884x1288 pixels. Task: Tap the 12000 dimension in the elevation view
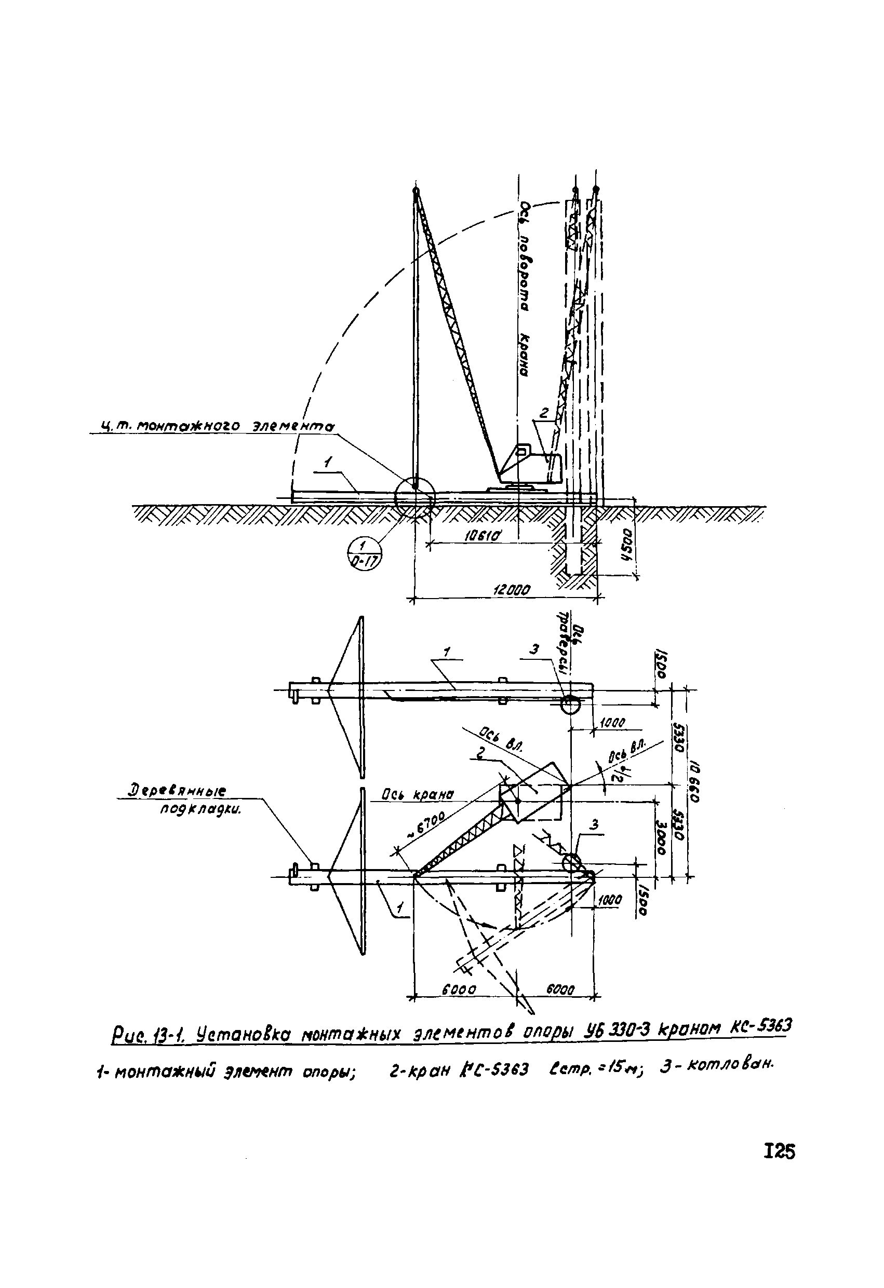click(x=512, y=590)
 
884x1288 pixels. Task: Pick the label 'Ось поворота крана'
click(x=525, y=290)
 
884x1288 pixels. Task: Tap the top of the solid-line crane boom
click(x=416, y=191)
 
